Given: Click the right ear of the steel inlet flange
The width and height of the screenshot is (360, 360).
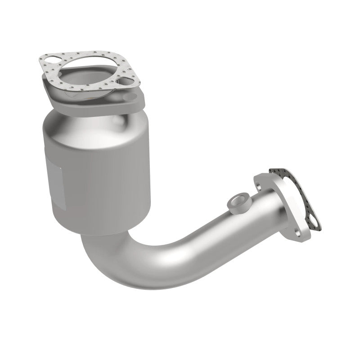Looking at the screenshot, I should click(135, 97).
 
